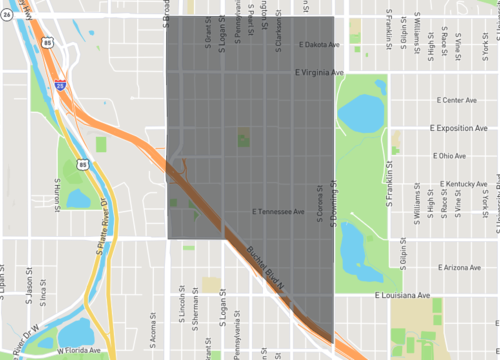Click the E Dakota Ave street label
click(x=321, y=45)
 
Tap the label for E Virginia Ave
click(x=320, y=73)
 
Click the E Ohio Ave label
click(x=449, y=156)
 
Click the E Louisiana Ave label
click(x=402, y=296)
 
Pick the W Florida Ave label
click(x=80, y=351)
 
